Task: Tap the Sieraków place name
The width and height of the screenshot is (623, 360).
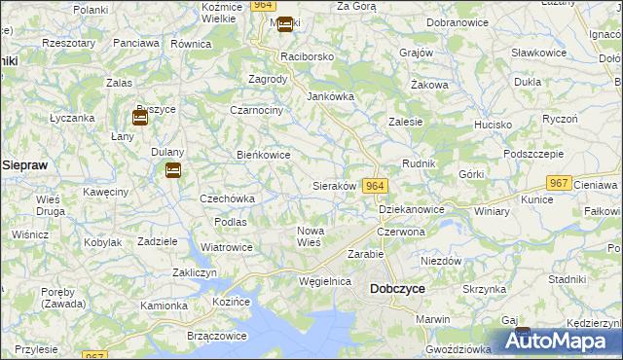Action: tap(334, 186)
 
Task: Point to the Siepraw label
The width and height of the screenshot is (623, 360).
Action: tap(25, 165)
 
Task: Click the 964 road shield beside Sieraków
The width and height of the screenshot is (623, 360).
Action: tap(377, 186)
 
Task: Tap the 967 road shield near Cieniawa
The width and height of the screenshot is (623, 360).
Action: tap(558, 183)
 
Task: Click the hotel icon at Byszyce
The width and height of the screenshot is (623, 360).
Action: tap(140, 119)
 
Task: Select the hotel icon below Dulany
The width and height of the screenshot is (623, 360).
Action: tap(172, 171)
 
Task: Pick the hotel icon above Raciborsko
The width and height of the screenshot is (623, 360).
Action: tap(284, 25)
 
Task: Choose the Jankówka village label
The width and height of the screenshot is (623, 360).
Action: tap(330, 97)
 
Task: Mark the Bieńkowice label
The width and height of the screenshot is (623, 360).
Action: tap(264, 155)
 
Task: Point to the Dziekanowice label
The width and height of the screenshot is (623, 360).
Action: tap(412, 209)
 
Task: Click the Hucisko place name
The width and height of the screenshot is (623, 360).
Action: tap(494, 126)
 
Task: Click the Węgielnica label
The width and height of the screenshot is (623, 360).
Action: tap(325, 281)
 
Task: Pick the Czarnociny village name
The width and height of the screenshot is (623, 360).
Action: tap(256, 111)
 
